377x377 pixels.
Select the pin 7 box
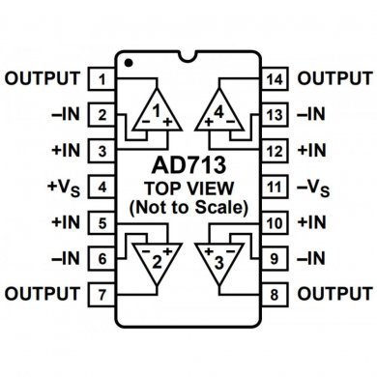click(101, 292)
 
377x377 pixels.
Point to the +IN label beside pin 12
click(315, 151)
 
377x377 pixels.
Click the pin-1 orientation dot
click(129, 62)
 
